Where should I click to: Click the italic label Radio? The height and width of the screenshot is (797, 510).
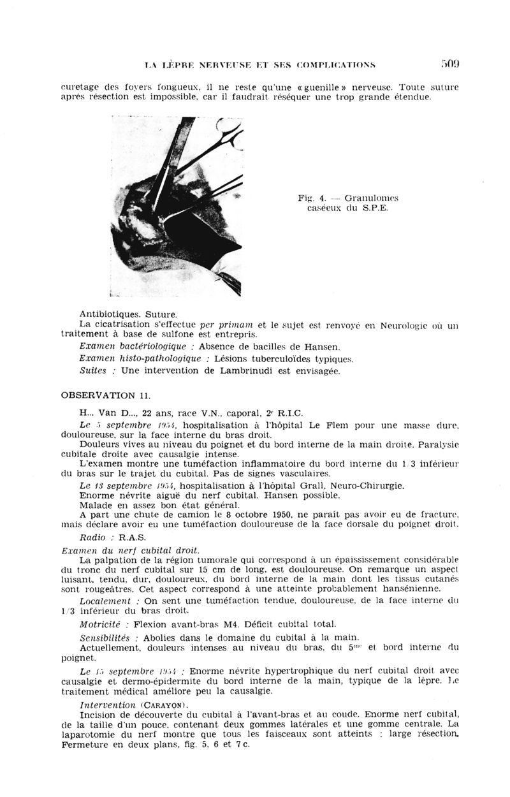pos(93,537)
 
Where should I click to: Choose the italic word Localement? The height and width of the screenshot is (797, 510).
pos(106,601)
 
